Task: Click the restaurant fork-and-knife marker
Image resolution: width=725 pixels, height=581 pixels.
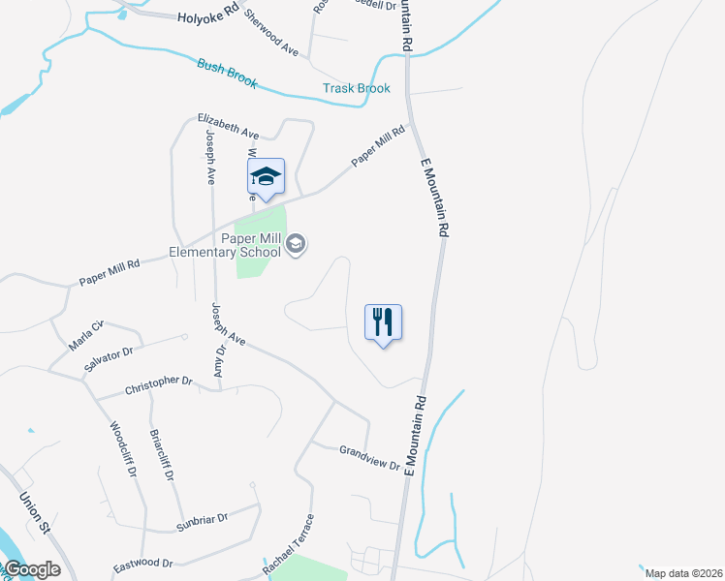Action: [383, 321]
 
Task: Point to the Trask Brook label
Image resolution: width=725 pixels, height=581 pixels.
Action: [357, 89]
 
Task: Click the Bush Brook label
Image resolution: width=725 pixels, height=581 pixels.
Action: [227, 75]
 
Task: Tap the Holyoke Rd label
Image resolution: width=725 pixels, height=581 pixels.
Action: [206, 17]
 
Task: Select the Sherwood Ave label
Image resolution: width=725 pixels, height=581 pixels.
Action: [271, 32]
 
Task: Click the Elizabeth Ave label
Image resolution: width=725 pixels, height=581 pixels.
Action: [229, 125]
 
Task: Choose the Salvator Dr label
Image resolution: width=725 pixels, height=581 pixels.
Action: [113, 353]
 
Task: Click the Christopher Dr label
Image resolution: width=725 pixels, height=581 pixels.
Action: [159, 386]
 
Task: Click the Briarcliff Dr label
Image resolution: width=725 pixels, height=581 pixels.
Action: [162, 459]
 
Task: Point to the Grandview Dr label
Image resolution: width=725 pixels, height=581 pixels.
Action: [369, 457]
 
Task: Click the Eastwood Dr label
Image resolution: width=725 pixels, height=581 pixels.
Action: [142, 563]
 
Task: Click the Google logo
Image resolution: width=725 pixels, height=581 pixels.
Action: [32, 569]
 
